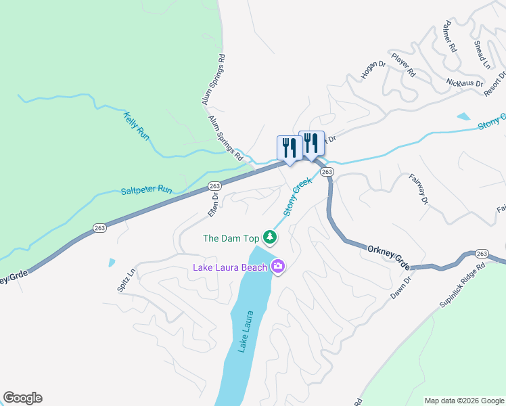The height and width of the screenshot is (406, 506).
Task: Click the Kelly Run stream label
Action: (136, 125)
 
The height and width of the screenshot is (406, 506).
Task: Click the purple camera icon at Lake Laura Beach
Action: (277, 267)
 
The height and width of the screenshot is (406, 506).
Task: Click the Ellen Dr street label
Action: (212, 204)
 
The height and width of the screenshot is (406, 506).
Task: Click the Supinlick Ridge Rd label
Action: (462, 286)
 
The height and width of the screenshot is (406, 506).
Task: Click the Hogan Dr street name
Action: (373, 70)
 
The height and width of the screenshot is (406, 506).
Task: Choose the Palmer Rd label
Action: (451, 40)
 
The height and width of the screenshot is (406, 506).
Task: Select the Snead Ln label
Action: (482, 54)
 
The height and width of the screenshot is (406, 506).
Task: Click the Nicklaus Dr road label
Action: (465, 83)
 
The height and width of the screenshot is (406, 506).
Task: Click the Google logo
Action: (22, 398)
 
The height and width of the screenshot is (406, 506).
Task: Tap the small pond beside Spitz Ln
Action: (112, 263)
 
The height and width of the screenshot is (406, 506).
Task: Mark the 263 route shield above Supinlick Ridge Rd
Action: (481, 253)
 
